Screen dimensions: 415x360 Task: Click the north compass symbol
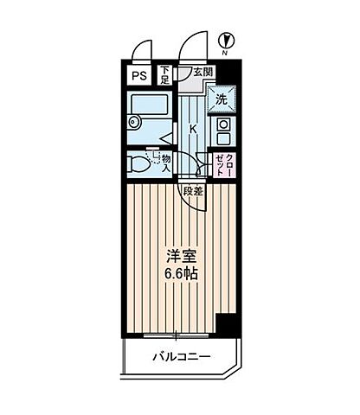click(x=224, y=39)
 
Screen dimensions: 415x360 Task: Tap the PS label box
click(x=138, y=76)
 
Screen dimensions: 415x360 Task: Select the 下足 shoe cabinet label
click(x=165, y=76)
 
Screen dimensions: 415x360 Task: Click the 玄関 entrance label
click(x=202, y=72)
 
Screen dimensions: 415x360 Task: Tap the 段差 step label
click(x=192, y=192)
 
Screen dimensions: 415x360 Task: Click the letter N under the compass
click(x=224, y=54)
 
